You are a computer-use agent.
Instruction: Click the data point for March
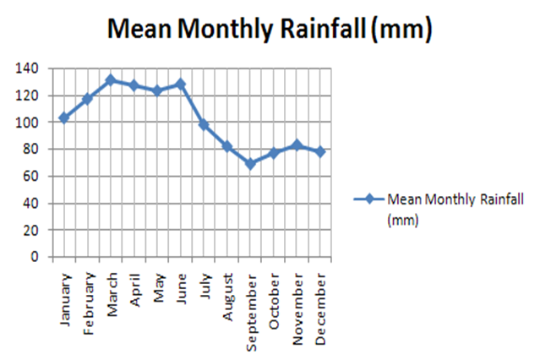[110, 80]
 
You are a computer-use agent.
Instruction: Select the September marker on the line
[250, 164]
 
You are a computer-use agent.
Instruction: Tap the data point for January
[63, 117]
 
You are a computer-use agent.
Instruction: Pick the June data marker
[180, 85]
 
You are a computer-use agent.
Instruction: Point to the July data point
[204, 125]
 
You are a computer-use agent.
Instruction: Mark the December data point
[320, 151]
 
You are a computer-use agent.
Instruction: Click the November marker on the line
[297, 145]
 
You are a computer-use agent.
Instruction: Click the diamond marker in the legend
[368, 200]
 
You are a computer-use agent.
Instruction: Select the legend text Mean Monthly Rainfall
[455, 200]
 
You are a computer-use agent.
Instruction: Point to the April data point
[134, 85]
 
